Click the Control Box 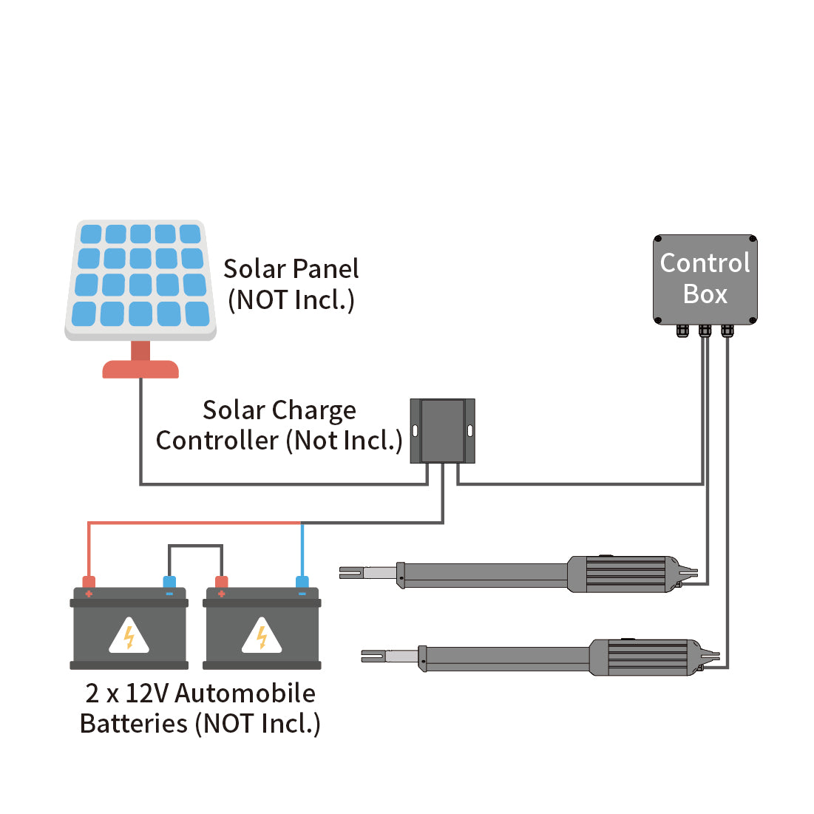pos(705,279)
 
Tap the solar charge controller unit pos(442,431)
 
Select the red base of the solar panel pos(140,368)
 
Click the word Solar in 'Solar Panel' pos(254,268)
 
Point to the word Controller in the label pos(217,441)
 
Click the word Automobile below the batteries pos(245,693)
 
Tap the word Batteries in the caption pos(133,724)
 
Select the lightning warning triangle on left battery pos(129,636)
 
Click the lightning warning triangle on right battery pos(262,636)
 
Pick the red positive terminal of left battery pos(89,583)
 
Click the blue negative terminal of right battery pos(302,583)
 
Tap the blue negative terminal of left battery pos(169,583)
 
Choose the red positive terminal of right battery pos(220,583)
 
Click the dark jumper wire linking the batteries pos(195,546)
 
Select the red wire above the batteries pos(192,523)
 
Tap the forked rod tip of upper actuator pos(350,572)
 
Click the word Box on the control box pos(705,294)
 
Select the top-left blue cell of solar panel pos(90,234)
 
